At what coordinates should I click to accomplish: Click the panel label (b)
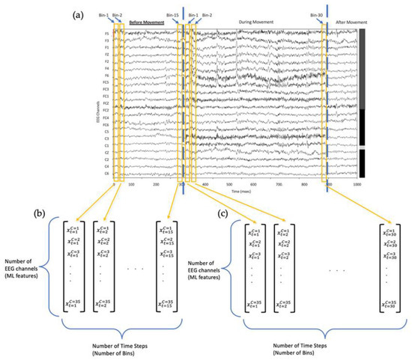[38, 213]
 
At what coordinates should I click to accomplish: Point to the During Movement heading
[256, 22]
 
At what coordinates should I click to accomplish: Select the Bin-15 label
[173, 15]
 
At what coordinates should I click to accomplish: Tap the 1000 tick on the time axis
[357, 183]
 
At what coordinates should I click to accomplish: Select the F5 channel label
[106, 33]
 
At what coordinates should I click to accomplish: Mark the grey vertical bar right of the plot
[362, 67]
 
